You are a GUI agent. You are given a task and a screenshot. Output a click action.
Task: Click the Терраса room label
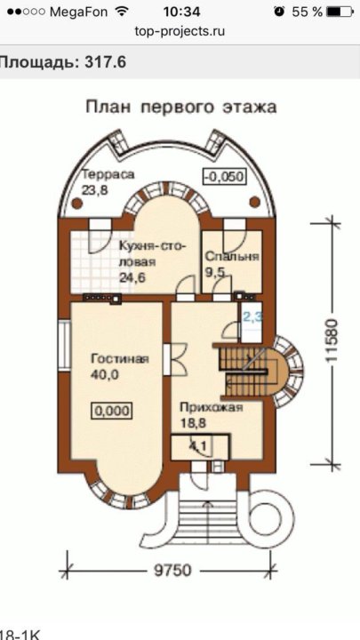click(x=108, y=174)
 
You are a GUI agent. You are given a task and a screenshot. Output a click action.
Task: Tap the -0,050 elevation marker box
click(x=225, y=177)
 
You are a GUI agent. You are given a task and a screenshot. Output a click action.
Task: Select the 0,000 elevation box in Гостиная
click(x=111, y=411)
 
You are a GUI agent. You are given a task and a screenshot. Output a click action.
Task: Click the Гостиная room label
click(x=120, y=359)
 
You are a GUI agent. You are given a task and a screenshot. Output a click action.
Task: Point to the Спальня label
click(x=232, y=256)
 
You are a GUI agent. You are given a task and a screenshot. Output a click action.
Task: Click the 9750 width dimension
click(x=172, y=570)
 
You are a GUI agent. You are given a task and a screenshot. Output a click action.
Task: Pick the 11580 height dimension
click(x=331, y=340)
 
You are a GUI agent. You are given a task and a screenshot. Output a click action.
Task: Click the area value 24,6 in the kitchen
click(x=132, y=277)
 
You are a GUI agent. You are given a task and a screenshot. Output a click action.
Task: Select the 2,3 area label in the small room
click(x=253, y=316)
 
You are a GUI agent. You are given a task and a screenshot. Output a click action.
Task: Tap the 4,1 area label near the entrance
click(x=197, y=446)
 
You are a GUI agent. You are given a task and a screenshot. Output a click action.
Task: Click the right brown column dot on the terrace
click(x=254, y=202)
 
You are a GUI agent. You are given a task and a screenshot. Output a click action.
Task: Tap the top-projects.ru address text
click(x=180, y=31)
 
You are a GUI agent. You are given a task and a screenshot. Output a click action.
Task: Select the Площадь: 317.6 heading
click(x=62, y=62)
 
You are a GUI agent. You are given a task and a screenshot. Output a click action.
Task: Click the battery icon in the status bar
click(x=340, y=12)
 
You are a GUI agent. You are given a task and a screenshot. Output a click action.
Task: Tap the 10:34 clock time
click(x=181, y=12)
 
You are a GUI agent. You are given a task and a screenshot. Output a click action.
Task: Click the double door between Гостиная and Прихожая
click(x=175, y=359)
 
